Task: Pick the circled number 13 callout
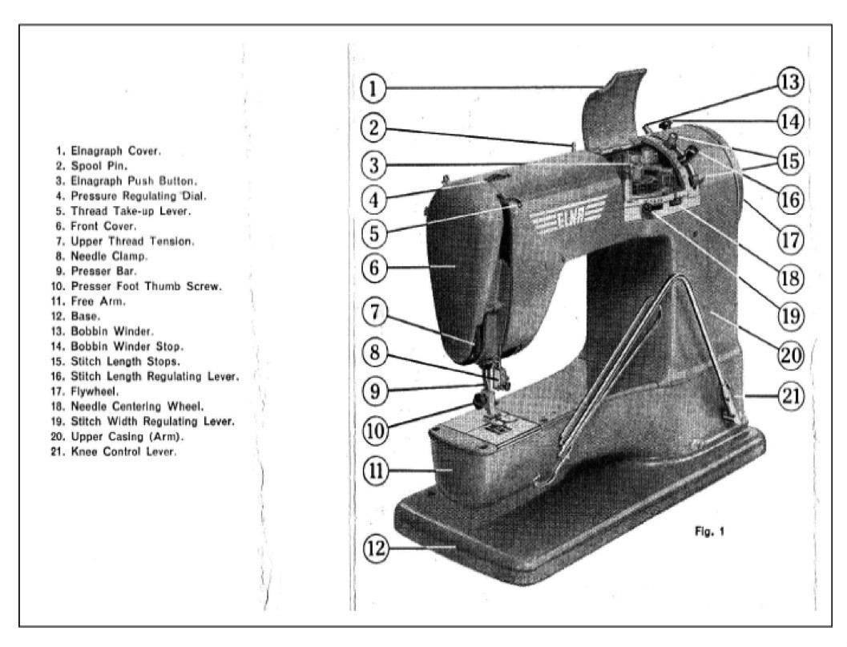coord(790,82)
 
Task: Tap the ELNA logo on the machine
coord(559,221)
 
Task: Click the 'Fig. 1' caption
coord(710,531)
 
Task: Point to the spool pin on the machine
coord(573,145)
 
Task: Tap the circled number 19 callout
coord(790,313)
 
